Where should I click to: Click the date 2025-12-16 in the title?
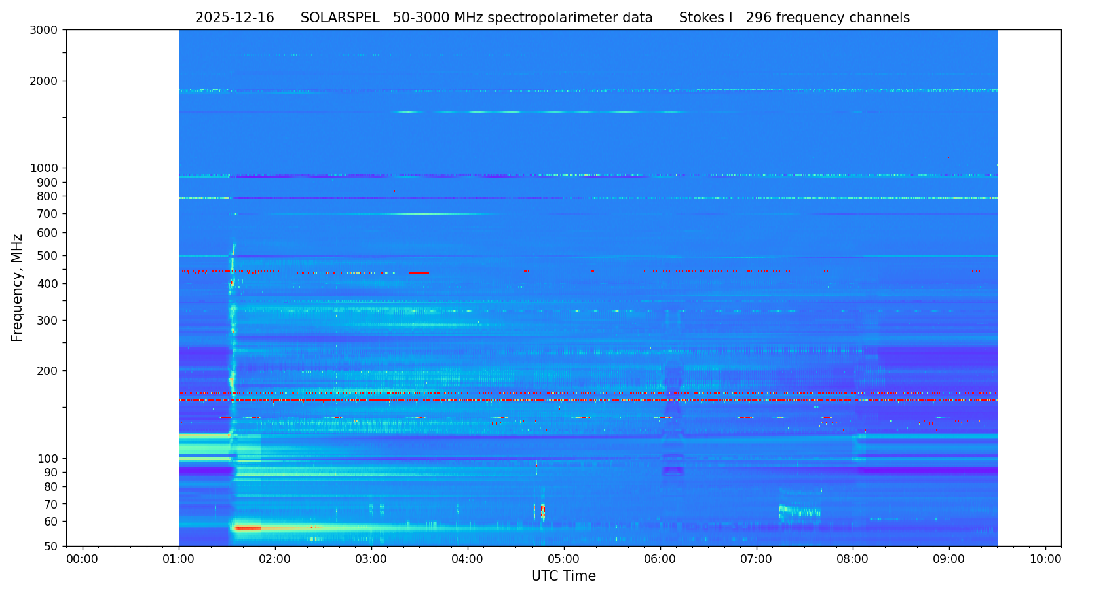pos(234,18)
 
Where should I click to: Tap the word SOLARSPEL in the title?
pos(340,18)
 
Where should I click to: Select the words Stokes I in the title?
pos(705,18)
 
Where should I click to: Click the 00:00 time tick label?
pos(82,560)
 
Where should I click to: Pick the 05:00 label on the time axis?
pos(564,560)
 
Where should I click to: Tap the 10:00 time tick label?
pos(1045,560)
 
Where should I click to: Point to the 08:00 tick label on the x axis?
pos(853,560)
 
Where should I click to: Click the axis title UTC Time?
pos(563,577)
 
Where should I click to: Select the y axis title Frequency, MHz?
pos(18,288)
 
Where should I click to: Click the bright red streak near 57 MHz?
pos(249,528)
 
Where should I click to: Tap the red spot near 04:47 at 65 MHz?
pos(542,511)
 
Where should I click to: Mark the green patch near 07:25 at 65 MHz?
pos(796,511)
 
